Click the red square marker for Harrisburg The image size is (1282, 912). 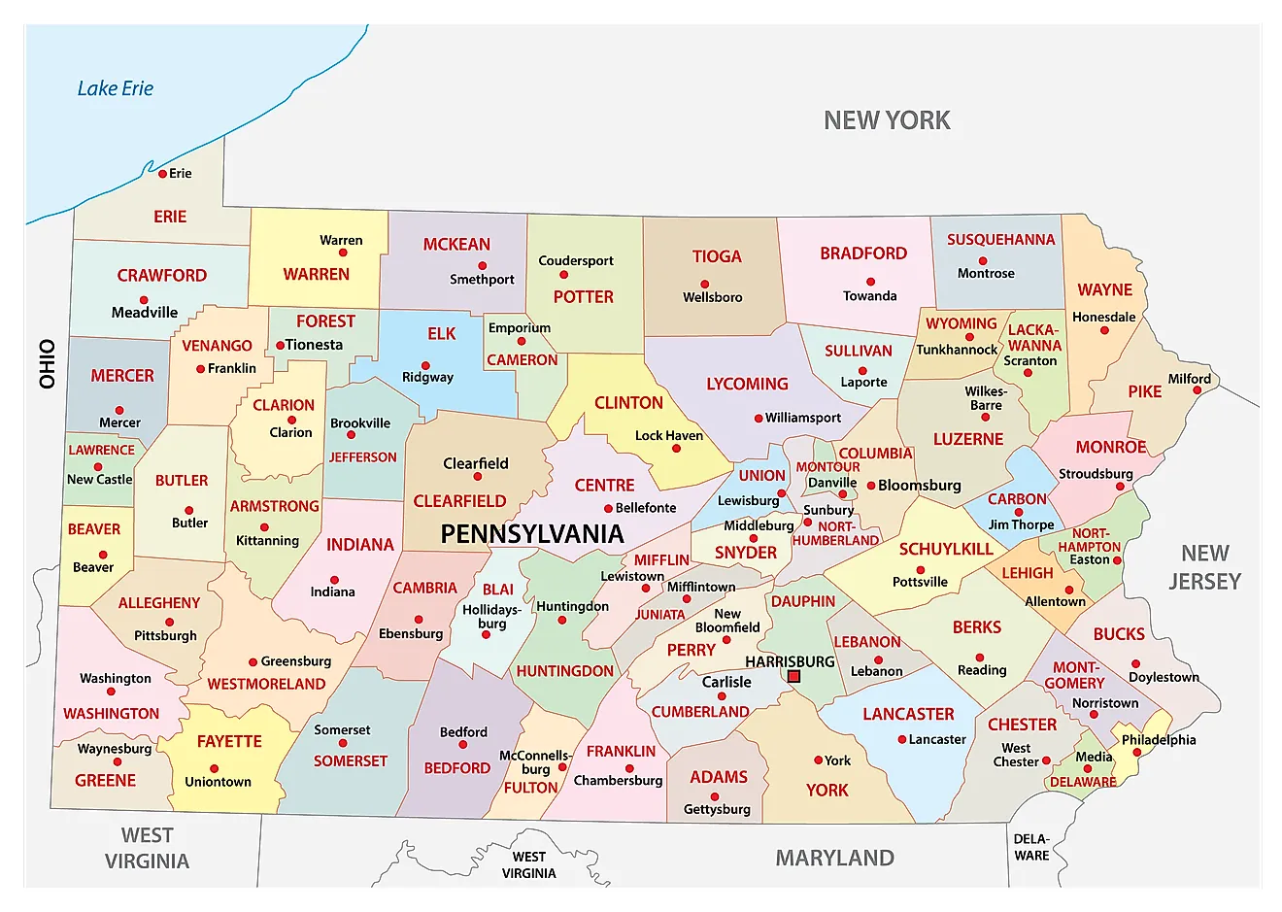click(x=793, y=676)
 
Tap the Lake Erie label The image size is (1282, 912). click(x=116, y=88)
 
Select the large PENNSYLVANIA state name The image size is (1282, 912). click(x=531, y=533)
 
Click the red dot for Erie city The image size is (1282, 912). click(x=163, y=174)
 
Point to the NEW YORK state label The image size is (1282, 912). click(x=887, y=120)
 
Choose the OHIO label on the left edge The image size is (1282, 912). click(x=47, y=363)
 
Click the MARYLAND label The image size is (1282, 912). click(x=834, y=858)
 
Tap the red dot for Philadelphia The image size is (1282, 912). click(x=1137, y=753)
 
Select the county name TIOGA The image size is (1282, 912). click(x=717, y=256)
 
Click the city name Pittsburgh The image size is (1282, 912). click(x=165, y=635)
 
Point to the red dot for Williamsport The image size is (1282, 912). click(x=759, y=419)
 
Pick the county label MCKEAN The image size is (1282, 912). click(x=456, y=245)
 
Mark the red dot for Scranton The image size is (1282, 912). click(x=1028, y=373)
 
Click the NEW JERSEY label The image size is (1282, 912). click(x=1204, y=567)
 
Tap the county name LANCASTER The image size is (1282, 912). click(x=908, y=714)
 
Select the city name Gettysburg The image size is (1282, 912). click(x=717, y=809)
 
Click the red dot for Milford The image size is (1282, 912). click(x=1198, y=390)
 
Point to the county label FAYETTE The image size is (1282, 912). click(x=229, y=741)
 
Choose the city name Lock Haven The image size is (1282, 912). click(x=669, y=435)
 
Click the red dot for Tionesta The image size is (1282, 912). click(x=280, y=345)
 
